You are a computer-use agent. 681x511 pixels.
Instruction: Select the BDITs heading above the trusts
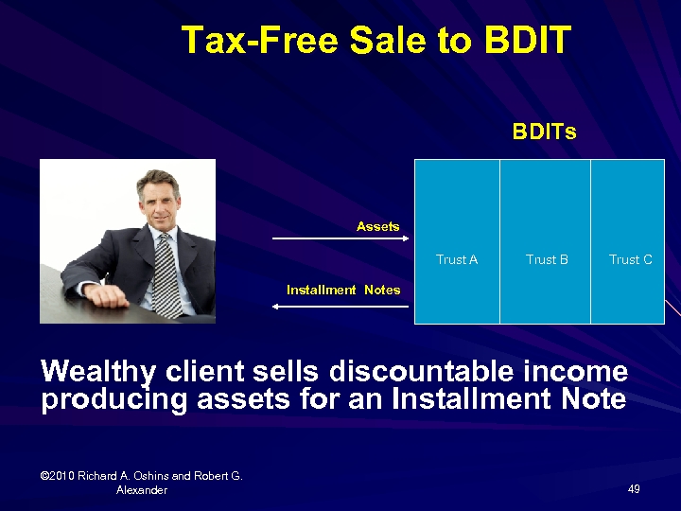tap(544, 132)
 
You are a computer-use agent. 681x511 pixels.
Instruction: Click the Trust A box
tap(457, 242)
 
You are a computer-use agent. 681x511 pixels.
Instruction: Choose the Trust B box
tap(546, 242)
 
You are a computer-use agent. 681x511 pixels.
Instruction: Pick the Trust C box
tap(628, 242)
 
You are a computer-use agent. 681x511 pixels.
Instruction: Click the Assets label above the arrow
tap(377, 227)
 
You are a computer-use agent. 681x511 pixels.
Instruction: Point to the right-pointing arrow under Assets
tap(336, 239)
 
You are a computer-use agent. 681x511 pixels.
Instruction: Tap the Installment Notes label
tap(343, 291)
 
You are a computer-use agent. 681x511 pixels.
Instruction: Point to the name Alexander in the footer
tap(142, 490)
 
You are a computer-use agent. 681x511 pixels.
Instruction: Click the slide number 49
tap(634, 489)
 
